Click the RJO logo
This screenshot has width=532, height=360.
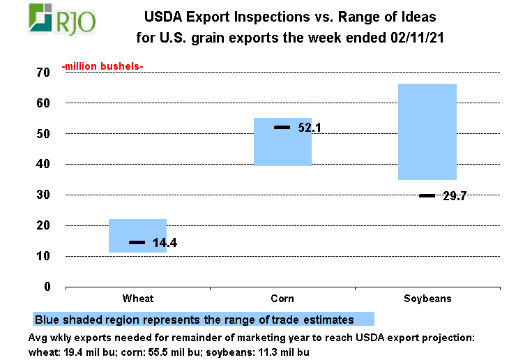point(61,19)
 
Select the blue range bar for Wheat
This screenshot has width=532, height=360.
point(137,235)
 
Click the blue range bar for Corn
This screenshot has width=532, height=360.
point(282,142)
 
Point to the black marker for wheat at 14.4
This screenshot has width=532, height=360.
point(137,242)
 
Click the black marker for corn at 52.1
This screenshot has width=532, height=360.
point(282,127)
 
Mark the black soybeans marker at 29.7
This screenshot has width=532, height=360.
point(427,195)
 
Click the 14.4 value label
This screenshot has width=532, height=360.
point(165,243)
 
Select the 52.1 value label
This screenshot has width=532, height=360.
point(310,128)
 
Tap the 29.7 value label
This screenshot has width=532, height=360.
point(455,196)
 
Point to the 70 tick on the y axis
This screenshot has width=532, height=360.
point(43,73)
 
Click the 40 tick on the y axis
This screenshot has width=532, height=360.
point(43,165)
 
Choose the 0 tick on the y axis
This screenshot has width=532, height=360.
point(46,287)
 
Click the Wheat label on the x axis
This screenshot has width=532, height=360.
point(138,299)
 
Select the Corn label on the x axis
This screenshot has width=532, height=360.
point(282,299)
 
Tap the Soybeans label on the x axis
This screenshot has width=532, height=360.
point(427,299)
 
